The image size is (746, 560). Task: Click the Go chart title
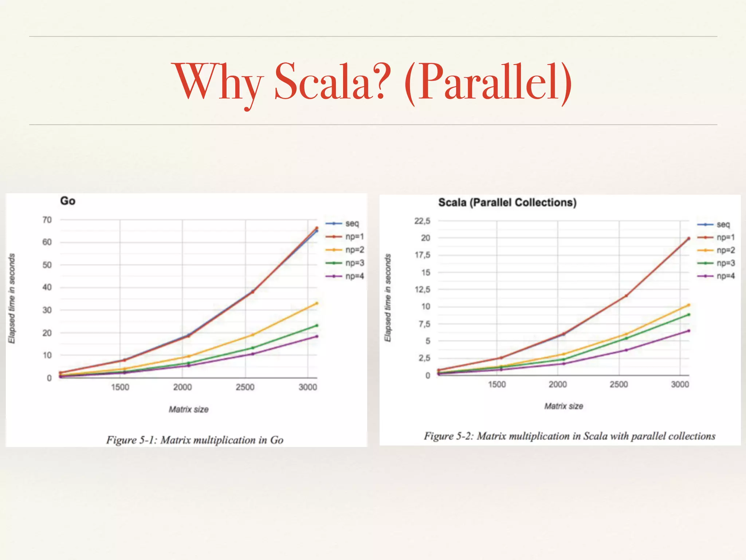coord(68,201)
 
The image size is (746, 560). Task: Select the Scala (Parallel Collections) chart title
coord(507,203)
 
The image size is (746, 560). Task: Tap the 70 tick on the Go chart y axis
coord(47,220)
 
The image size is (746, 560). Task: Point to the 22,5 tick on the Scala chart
coord(422,221)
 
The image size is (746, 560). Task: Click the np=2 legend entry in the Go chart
coord(354,250)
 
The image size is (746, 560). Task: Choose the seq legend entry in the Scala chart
coord(723,225)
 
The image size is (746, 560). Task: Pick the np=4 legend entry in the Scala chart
coord(725,276)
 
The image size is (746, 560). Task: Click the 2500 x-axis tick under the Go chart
coord(245,387)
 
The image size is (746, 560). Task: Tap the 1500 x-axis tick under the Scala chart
coord(497,384)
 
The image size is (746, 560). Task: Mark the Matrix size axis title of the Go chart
coord(188,409)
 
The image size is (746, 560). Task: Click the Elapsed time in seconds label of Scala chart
coord(388,298)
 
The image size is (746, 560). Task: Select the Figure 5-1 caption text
coord(195,440)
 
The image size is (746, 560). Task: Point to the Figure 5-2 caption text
coord(569,436)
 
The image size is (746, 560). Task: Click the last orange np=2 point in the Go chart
coord(317,303)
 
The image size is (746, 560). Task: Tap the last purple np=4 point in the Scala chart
coord(688,331)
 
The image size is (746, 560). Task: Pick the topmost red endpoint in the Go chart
coord(317,228)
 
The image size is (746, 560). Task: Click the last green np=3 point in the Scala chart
coord(688,314)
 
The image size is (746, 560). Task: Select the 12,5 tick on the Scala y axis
coord(422,289)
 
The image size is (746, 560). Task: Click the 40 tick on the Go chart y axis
coord(47,287)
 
